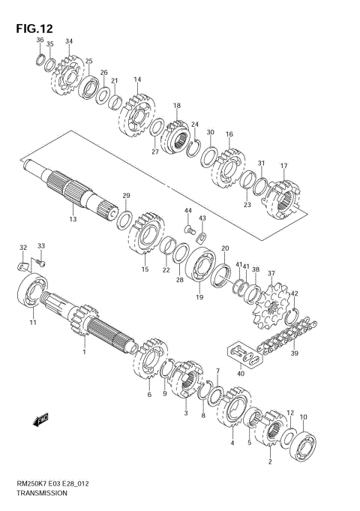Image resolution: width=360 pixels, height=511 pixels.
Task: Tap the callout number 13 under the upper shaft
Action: pos(73,219)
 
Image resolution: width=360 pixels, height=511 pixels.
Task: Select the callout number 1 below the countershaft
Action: pos(84,351)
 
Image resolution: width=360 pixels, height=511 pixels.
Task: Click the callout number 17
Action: pos(283,166)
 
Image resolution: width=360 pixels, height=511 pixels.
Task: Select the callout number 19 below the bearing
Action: pos(199,297)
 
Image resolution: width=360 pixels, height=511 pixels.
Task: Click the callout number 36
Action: pos(40,40)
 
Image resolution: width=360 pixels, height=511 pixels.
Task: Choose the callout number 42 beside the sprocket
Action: pos(295,293)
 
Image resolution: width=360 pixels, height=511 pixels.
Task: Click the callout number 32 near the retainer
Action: pos(23,247)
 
